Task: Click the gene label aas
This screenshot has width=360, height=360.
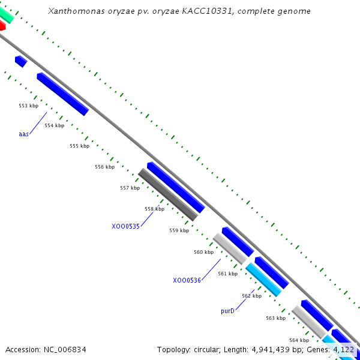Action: click(23, 134)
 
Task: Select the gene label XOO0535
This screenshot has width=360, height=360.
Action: click(125, 226)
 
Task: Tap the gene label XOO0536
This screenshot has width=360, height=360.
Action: click(187, 280)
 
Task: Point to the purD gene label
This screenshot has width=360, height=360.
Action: click(227, 311)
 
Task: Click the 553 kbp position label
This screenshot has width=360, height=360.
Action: click(28, 106)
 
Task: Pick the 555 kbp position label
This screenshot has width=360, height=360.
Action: click(79, 146)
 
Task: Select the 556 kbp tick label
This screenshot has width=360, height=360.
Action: click(104, 167)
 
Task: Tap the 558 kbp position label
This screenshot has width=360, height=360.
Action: click(154, 209)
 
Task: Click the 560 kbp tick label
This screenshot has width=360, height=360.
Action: click(203, 252)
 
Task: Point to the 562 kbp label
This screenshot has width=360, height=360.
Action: click(251, 296)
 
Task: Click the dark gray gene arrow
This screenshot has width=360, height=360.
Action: click(168, 194)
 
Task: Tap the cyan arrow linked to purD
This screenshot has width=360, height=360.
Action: click(263, 280)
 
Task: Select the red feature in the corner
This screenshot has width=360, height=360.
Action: click(2, 26)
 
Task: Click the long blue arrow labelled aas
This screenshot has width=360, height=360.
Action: click(62, 94)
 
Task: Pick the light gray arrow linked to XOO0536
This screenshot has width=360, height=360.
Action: click(230, 248)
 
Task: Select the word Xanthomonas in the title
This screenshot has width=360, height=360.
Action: click(71, 11)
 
